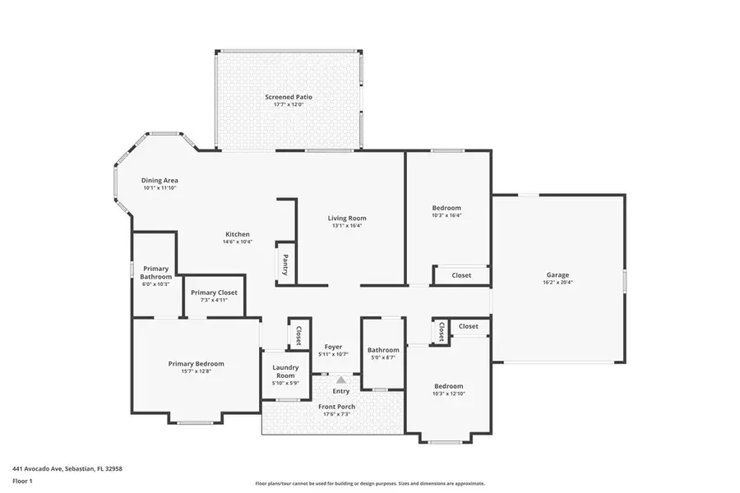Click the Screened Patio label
click(289, 97)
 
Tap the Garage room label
click(558, 275)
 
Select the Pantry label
click(284, 265)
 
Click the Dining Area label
click(160, 181)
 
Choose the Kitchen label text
click(237, 234)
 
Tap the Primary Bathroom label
click(155, 273)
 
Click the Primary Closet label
click(214, 293)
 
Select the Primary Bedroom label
click(196, 364)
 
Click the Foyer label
click(333, 347)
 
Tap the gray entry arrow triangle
click(340, 380)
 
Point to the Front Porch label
click(336, 407)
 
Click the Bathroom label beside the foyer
click(383, 351)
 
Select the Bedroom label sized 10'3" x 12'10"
click(449, 386)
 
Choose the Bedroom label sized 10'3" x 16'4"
click(446, 208)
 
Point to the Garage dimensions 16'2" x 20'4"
click(558, 283)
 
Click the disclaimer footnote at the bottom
click(370, 483)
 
